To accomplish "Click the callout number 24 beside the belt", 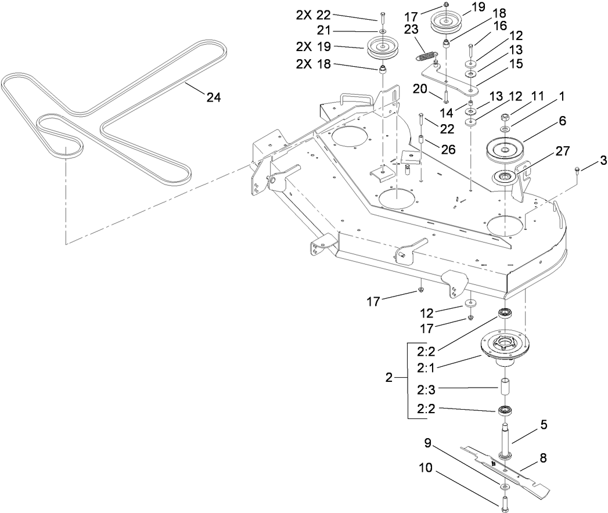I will point(214,98).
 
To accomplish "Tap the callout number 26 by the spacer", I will point(448,149).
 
